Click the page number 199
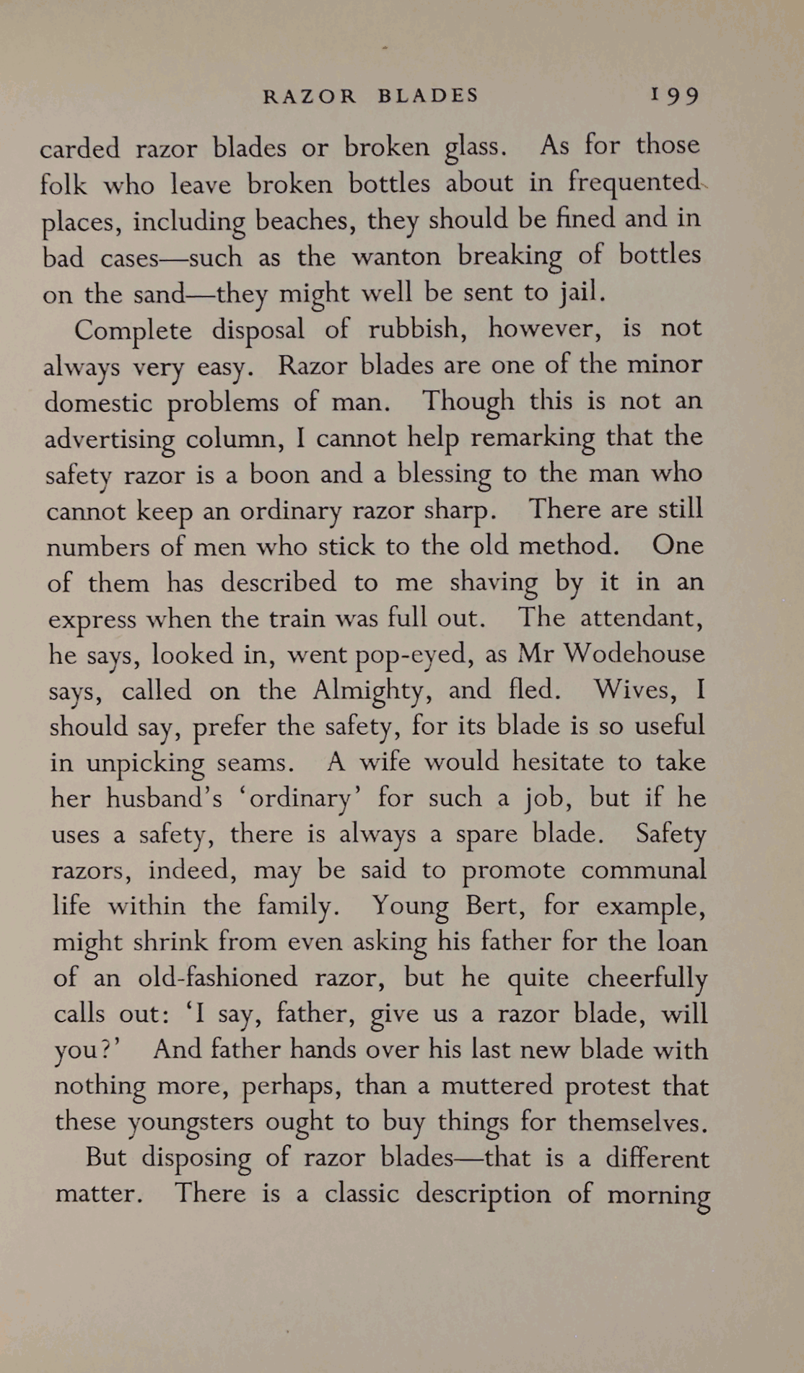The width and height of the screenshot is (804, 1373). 675,96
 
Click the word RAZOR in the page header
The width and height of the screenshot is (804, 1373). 310,96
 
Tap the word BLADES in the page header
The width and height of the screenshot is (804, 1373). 428,96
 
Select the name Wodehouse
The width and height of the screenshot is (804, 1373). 634,654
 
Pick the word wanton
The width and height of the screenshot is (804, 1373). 396,256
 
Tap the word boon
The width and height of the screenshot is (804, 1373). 279,474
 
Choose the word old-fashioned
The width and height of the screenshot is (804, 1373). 217,978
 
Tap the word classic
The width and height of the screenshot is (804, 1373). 361,1194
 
